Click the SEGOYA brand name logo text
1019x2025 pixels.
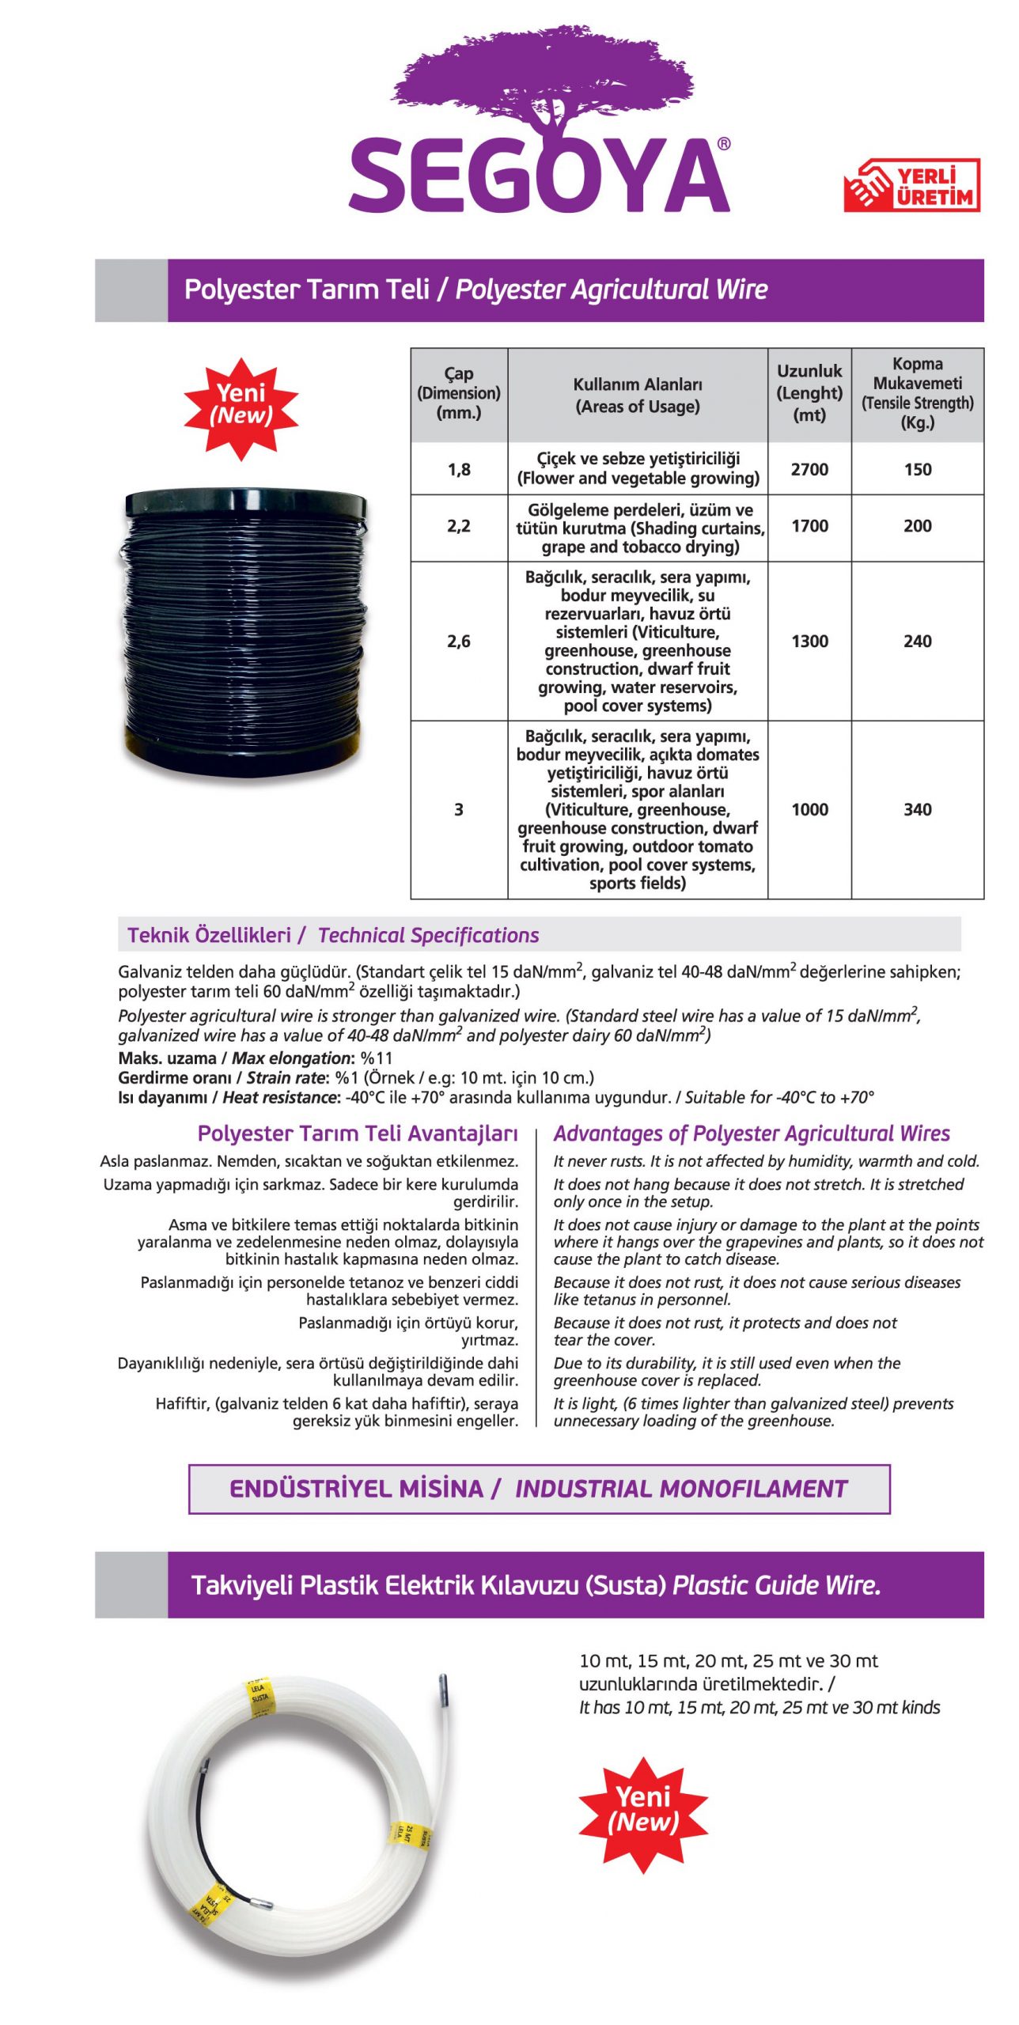pyautogui.click(x=539, y=175)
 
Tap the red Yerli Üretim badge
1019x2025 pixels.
pyautogui.click(x=911, y=186)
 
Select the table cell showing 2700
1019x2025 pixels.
pyautogui.click(x=809, y=469)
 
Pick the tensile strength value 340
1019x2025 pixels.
pyautogui.click(x=917, y=809)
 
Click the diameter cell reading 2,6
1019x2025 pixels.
pyautogui.click(x=459, y=642)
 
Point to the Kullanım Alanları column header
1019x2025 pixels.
pyautogui.click(x=637, y=396)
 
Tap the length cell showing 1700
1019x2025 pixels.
pyautogui.click(x=809, y=526)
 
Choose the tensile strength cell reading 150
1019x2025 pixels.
pyautogui.click(x=917, y=469)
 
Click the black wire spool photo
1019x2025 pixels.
pyautogui.click(x=245, y=630)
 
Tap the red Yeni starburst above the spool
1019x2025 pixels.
pyautogui.click(x=241, y=406)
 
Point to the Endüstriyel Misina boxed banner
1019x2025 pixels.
pyautogui.click(x=539, y=1489)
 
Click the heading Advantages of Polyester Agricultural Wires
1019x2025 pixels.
pyautogui.click(x=751, y=1134)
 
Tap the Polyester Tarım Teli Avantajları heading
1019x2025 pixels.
pyautogui.click(x=358, y=1134)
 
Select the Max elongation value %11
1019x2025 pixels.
pyautogui.click(x=377, y=1058)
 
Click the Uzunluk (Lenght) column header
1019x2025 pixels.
pyautogui.click(x=809, y=393)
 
